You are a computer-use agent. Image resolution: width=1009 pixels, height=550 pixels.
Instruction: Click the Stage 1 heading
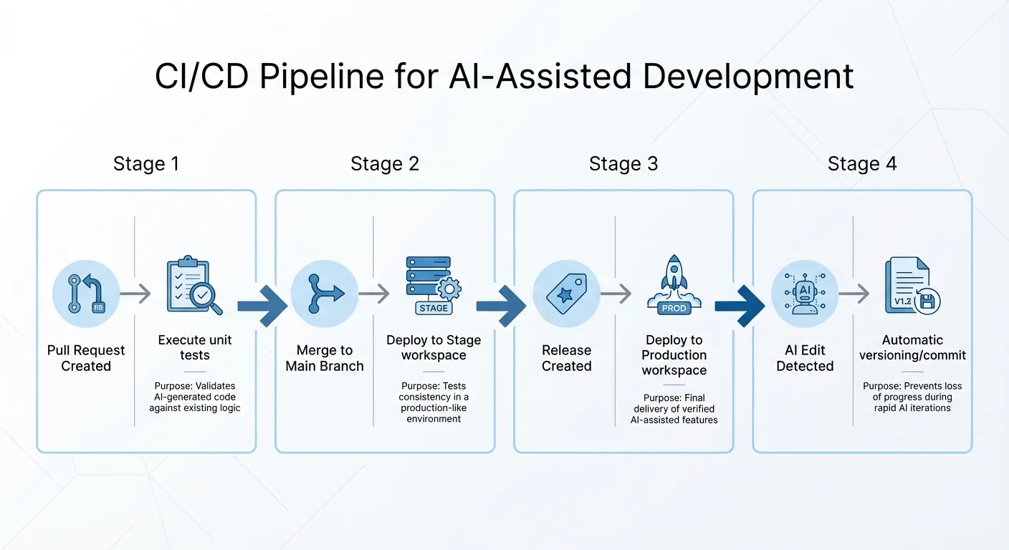pyautogui.click(x=146, y=164)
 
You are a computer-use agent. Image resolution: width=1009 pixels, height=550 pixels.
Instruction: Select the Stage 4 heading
pyautogui.click(x=862, y=164)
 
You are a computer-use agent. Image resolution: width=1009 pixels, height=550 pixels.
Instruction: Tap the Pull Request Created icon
pyautogui.click(x=86, y=294)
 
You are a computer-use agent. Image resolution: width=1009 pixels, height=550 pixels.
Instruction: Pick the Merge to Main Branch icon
pyautogui.click(x=325, y=294)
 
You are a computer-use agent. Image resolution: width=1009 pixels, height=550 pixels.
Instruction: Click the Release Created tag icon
pyautogui.click(x=567, y=294)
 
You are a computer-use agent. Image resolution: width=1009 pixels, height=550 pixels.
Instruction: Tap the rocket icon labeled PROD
pyautogui.click(x=674, y=286)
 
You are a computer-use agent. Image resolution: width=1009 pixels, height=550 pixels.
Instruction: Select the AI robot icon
pyautogui.click(x=805, y=294)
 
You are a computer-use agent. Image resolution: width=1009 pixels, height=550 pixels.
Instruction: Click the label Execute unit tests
pyautogui.click(x=195, y=347)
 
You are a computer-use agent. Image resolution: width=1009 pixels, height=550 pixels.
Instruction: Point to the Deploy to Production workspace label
pyautogui.click(x=674, y=355)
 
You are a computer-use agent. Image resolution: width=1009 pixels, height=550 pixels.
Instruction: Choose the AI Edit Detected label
pyautogui.click(x=805, y=358)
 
